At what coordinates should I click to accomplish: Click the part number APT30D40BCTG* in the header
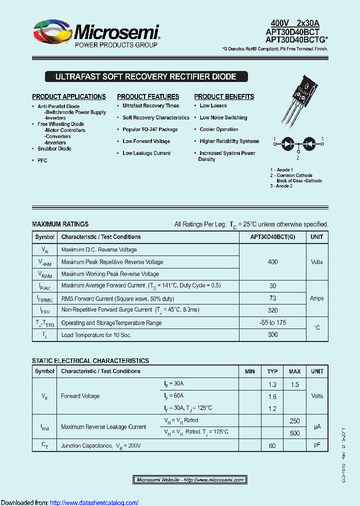[296, 40]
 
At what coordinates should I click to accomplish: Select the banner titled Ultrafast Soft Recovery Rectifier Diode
[145, 76]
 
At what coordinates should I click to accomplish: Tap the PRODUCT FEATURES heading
[148, 96]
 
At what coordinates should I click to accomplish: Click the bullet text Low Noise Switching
[223, 117]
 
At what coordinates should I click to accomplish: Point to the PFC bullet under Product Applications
[42, 160]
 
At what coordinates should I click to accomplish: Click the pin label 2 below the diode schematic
[298, 157]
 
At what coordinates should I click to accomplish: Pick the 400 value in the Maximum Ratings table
[272, 262]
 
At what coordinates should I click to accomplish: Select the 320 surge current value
[272, 310]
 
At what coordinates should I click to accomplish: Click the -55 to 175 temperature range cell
[272, 322]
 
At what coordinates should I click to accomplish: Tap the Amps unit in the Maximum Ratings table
[317, 298]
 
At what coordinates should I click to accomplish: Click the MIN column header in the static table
[250, 371]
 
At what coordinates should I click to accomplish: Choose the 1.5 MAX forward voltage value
[295, 384]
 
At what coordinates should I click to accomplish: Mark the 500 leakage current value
[295, 433]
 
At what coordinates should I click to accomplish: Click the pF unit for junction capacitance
[317, 445]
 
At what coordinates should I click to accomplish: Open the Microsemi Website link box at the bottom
[190, 480]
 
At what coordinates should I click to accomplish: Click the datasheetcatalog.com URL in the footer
[94, 502]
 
